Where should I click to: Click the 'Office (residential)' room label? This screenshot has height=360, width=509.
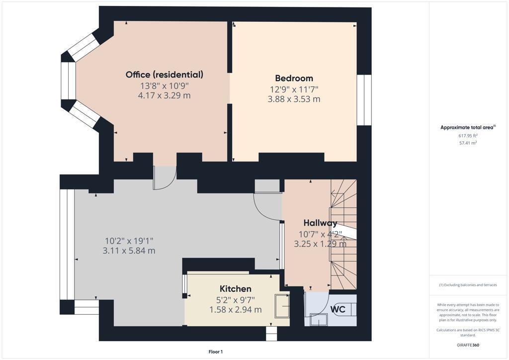[165, 75]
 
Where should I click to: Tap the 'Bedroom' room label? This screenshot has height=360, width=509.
[294, 78]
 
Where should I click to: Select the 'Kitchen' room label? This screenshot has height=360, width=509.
[235, 289]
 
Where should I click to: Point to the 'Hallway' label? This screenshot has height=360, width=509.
[320, 223]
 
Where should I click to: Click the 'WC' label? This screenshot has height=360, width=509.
[339, 309]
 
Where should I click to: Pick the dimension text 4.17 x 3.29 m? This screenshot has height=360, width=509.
[165, 95]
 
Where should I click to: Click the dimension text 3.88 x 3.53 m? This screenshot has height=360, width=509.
[294, 99]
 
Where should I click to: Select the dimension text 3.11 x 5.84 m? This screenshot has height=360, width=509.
[129, 251]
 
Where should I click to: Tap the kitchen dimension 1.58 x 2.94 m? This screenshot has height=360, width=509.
[235, 310]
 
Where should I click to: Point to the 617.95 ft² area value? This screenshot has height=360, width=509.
[468, 135]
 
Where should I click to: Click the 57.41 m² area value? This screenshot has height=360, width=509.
[468, 143]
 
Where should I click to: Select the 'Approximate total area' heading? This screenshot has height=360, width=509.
[467, 127]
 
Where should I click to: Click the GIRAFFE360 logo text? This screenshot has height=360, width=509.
[468, 345]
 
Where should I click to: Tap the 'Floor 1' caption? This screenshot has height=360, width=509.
[215, 352]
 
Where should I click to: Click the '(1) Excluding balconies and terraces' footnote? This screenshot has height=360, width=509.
[468, 285]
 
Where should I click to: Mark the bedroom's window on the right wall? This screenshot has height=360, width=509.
[364, 100]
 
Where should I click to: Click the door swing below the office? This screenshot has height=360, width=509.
[165, 178]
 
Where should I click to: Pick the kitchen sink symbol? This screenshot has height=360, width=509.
[281, 304]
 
